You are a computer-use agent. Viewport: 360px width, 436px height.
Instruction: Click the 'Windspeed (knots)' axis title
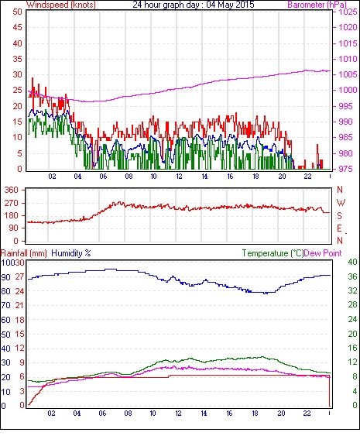61,5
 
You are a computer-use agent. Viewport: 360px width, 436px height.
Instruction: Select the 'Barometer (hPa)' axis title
317,5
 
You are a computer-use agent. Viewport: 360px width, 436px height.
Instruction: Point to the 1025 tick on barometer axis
348,12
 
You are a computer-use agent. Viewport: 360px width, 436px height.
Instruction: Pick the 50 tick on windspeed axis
17,12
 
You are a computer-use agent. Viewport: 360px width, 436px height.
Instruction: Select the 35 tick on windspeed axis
17,59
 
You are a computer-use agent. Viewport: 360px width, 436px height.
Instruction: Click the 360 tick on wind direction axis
12,191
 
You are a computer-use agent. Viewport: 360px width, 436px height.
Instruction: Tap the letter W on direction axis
341,203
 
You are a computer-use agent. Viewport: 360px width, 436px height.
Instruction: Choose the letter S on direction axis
339,215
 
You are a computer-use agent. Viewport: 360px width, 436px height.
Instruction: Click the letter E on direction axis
339,228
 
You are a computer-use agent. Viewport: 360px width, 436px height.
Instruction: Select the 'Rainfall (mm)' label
24,253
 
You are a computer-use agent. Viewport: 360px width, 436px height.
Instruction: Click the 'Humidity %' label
71,253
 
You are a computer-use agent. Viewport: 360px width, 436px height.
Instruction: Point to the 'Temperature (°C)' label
273,253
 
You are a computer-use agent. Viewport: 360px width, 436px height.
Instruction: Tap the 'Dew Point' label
323,253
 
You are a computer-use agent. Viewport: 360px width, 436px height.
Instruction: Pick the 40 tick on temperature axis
353,262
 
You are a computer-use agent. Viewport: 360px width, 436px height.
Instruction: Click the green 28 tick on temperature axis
353,305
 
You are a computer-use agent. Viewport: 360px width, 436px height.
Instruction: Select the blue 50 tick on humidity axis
6,335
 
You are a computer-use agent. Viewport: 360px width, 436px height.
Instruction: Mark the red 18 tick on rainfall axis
19,320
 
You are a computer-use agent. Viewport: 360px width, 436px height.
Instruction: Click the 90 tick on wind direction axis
14,228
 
